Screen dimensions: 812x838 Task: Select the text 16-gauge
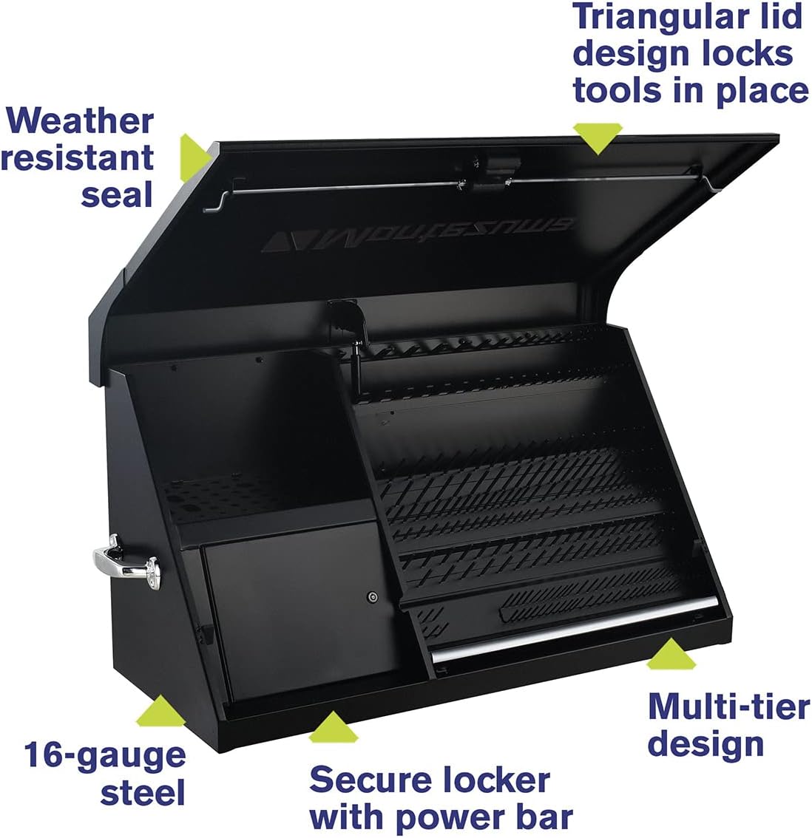(104, 755)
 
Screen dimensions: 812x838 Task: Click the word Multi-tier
(728, 707)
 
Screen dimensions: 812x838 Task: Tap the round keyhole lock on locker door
(373, 596)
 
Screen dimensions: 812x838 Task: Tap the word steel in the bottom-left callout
(143, 793)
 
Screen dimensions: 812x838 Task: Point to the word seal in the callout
(117, 194)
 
